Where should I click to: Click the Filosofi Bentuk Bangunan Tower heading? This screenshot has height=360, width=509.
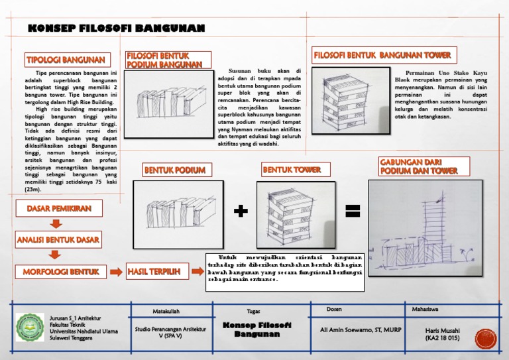tap(383, 55)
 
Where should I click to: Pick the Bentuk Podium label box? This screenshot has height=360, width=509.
tap(175, 170)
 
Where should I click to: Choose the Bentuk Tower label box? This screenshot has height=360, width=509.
tap(292, 170)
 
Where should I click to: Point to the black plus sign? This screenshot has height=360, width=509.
tap(242, 211)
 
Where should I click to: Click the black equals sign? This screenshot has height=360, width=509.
tap(353, 211)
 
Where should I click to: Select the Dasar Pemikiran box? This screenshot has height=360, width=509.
tap(59, 209)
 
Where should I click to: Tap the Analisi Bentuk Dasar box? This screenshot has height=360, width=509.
tap(58, 239)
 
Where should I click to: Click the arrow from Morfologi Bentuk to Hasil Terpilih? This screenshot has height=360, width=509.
tap(115, 271)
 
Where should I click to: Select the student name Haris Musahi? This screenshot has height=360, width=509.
tap(443, 333)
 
